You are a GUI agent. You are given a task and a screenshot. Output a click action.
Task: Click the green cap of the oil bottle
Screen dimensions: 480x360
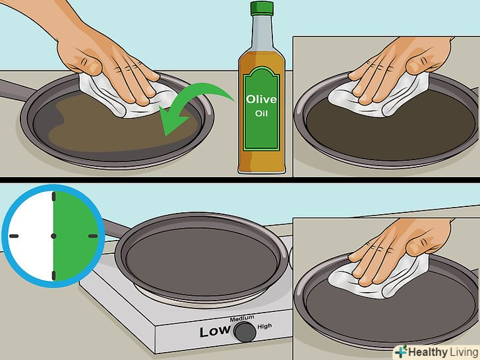261,8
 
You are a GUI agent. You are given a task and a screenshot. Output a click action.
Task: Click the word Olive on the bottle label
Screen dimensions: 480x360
261,99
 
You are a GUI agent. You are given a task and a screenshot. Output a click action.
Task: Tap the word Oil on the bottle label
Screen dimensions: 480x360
261,113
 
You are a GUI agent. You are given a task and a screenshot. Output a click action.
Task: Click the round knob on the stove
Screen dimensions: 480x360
245,331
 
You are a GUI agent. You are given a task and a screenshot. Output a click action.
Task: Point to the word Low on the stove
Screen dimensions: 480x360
215,331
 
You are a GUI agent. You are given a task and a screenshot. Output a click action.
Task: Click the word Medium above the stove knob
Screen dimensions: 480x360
242,318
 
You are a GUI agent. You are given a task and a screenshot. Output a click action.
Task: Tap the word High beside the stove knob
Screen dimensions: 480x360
264,326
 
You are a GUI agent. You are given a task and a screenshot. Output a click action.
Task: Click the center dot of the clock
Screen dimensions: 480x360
53,236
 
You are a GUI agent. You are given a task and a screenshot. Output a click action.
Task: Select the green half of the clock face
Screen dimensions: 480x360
75,236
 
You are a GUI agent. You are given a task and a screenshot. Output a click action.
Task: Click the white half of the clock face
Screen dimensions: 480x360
30,236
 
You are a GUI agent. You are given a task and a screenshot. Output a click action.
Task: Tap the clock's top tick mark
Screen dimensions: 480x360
54,196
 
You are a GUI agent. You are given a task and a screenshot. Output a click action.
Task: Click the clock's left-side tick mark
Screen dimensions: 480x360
14,236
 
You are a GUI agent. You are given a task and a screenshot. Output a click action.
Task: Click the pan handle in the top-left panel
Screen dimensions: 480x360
17,90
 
